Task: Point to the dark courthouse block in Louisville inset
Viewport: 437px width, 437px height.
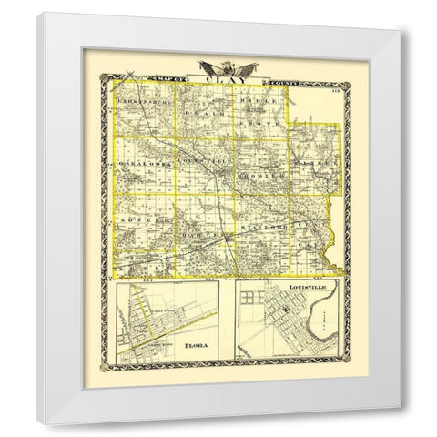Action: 285,312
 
